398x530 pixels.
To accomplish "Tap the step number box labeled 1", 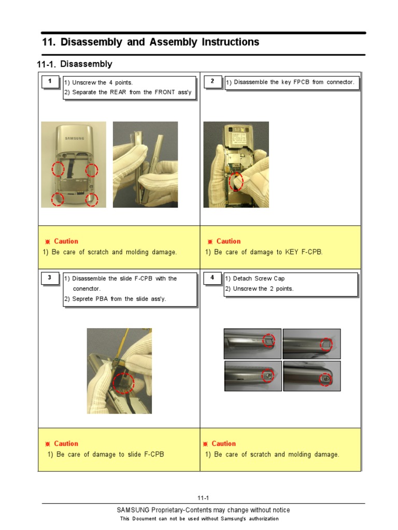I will [x=50, y=82].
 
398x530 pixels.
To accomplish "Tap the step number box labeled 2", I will [x=212, y=82].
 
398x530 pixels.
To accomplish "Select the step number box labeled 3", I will [x=50, y=278].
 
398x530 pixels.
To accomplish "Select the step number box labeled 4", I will [x=212, y=278].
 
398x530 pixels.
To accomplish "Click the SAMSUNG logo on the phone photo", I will [x=74, y=138].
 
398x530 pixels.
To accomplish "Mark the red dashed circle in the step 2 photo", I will [x=235, y=182].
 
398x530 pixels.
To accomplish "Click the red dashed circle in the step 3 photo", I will [x=123, y=384].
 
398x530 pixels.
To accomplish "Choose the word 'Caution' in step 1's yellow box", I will [x=66, y=241].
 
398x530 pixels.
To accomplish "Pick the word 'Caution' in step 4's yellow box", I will [x=223, y=444].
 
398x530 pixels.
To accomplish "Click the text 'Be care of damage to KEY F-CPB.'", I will [x=268, y=252].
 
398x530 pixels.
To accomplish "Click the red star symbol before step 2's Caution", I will [x=210, y=242].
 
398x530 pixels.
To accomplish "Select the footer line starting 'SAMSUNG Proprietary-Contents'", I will [x=203, y=510].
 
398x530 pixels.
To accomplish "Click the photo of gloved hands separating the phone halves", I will [x=145, y=165].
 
